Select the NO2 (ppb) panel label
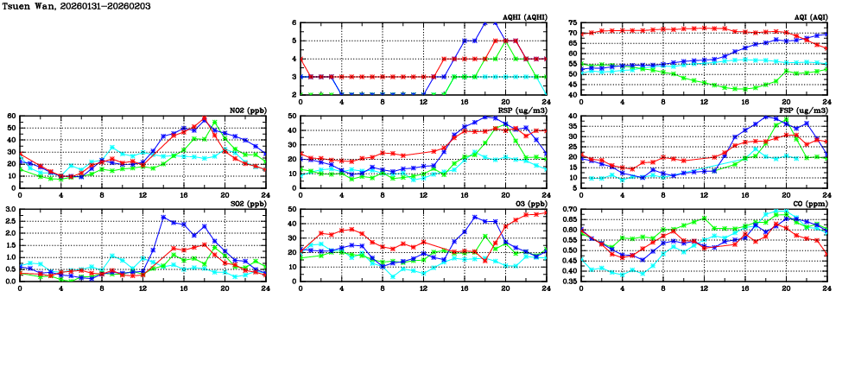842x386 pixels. [247, 110]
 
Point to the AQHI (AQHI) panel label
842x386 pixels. [523, 16]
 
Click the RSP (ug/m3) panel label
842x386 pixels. [525, 110]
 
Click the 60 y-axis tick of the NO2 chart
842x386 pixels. [9, 115]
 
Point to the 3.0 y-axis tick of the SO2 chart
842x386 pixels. [8, 209]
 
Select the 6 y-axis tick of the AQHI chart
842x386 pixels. [294, 22]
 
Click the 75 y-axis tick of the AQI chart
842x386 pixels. [573, 22]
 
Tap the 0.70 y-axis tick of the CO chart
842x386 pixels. [567, 209]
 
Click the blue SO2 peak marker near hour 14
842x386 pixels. [163, 217]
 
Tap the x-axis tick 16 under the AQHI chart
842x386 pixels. [465, 102]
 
